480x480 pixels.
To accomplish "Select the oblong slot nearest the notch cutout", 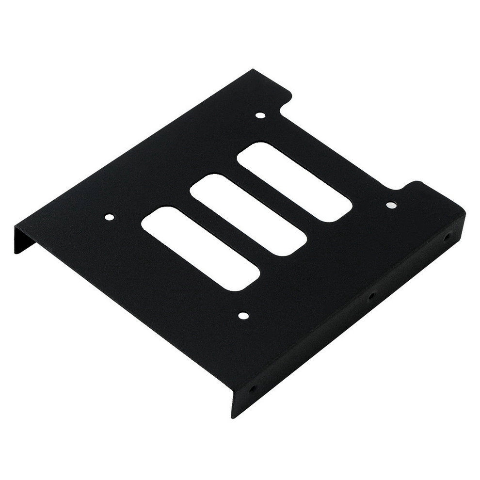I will pyautogui.click(x=295, y=182).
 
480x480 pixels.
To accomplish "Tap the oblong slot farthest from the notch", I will pyautogui.click(x=200, y=249).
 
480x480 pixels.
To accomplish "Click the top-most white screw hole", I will pyautogui.click(x=260, y=116).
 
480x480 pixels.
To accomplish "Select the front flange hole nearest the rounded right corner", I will pyautogui.click(x=447, y=238).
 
